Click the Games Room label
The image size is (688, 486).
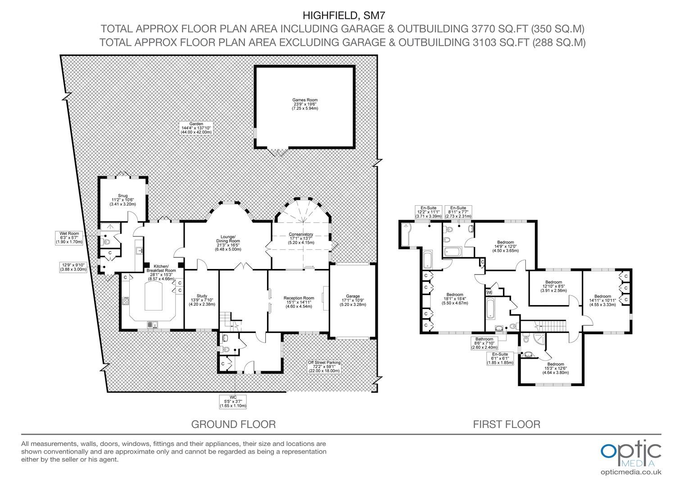click(x=305, y=104)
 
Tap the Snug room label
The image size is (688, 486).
click(x=122, y=200)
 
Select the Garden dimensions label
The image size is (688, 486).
click(x=196, y=128)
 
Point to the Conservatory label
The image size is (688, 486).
click(x=301, y=238)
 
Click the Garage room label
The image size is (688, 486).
click(x=353, y=301)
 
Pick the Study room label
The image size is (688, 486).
click(x=202, y=300)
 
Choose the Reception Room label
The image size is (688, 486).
click(x=299, y=302)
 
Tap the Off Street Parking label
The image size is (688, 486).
click(x=324, y=367)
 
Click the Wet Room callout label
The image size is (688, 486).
click(x=69, y=238)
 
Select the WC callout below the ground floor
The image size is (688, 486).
click(x=233, y=402)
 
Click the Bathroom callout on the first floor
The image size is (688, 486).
click(x=484, y=343)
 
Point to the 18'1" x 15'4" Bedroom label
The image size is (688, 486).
click(x=455, y=299)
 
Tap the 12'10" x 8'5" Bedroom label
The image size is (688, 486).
click(x=553, y=286)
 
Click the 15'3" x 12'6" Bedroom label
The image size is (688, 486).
click(x=555, y=369)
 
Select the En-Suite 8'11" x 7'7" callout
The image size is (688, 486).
click(x=458, y=212)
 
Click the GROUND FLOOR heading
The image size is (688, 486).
click(x=233, y=424)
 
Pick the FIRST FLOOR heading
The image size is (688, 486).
click(x=507, y=424)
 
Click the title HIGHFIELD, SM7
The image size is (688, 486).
click(x=344, y=15)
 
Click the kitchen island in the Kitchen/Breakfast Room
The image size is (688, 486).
click(x=153, y=297)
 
